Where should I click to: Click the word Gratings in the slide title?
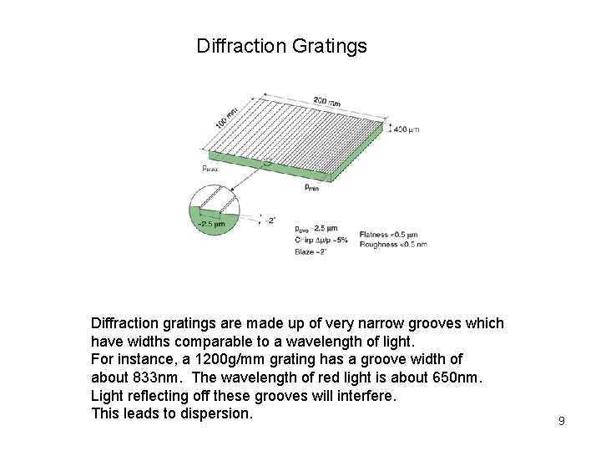coord(329,46)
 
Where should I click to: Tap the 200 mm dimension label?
coord(326,102)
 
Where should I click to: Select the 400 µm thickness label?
coord(407,129)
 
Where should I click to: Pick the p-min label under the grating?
coord(311,188)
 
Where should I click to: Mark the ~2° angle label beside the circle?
coord(269,220)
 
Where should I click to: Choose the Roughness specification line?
coord(393,244)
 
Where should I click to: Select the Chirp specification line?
coord(321,240)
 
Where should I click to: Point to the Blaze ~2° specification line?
coord(311,251)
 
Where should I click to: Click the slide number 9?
coord(562,421)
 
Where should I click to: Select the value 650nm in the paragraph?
coord(457,378)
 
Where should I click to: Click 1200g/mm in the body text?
coord(220,359)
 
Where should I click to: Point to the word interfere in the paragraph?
coord(365,396)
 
